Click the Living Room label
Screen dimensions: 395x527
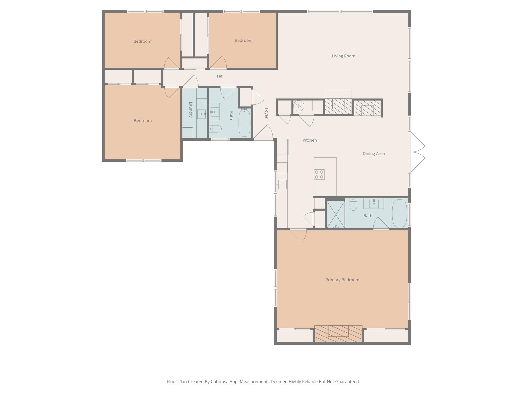coord(343,56)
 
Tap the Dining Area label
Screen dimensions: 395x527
coord(373,154)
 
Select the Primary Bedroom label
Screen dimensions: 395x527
coord(342,280)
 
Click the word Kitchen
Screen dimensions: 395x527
coord(310,140)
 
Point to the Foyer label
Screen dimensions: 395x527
coord(266,113)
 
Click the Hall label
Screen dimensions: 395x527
coord(221,76)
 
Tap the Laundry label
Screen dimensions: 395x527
coord(191,110)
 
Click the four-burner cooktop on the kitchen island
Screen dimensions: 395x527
coord(319,174)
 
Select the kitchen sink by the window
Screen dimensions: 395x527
coord(282,184)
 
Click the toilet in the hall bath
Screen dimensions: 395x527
coord(215,129)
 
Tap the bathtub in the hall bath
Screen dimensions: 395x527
coord(244,123)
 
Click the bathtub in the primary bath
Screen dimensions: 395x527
coord(399,213)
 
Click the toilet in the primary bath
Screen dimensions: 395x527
coord(353,205)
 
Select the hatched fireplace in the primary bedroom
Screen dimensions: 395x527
coord(338,334)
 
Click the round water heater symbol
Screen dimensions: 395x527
coord(299,106)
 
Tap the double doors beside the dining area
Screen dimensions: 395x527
coord(417,152)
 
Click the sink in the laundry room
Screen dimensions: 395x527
coord(201,114)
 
